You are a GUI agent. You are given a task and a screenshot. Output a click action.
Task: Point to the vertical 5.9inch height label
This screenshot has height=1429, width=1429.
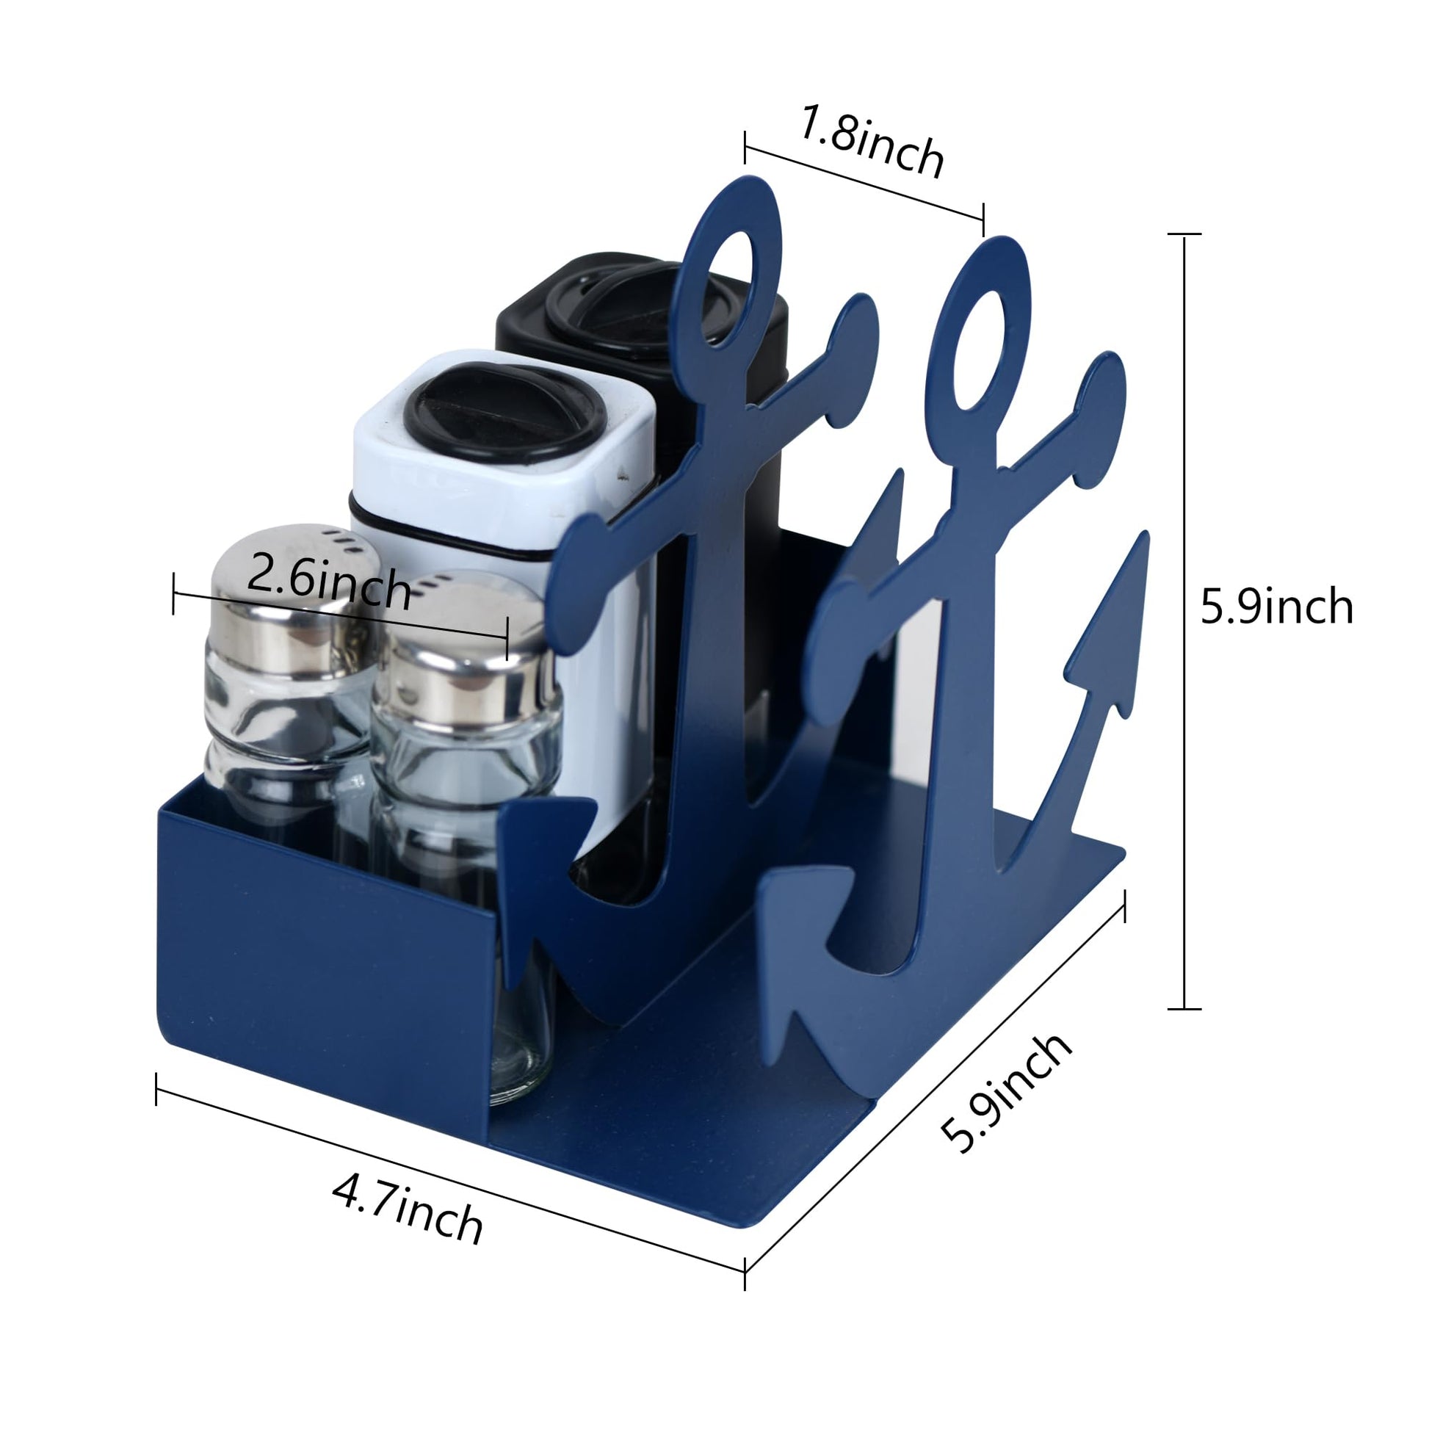[x=1277, y=608]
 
